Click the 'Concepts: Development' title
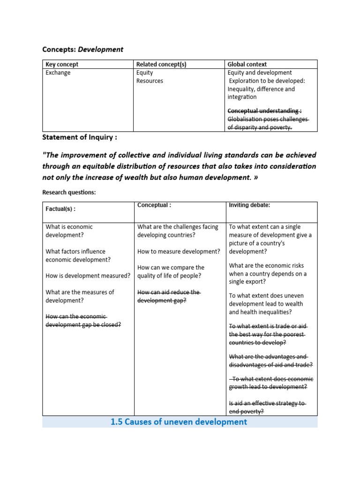point(82,49)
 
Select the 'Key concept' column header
point(62,64)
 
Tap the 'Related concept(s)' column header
point(161,64)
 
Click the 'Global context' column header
point(247,64)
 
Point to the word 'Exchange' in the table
point(58,73)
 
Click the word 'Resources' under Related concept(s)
point(150,81)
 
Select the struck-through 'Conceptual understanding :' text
point(264,111)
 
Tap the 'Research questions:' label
point(68,192)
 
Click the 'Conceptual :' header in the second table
point(154,205)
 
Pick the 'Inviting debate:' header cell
point(249,205)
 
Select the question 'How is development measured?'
point(88,276)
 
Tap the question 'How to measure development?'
point(178,251)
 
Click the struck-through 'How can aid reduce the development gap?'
point(169,296)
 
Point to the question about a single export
point(268,273)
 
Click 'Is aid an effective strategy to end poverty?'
point(267,407)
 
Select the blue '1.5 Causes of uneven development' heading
point(179,422)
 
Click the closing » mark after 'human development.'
point(255,177)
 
